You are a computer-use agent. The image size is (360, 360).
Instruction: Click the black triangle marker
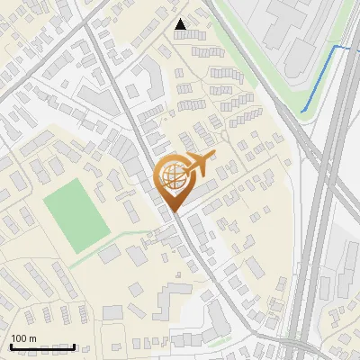pyautogui.click(x=181, y=24)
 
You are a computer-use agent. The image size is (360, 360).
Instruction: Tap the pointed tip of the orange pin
pyautogui.click(x=173, y=211)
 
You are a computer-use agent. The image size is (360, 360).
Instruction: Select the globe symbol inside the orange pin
pyautogui.click(x=171, y=175)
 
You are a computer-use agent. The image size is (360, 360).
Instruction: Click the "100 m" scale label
pyautogui.click(x=23, y=338)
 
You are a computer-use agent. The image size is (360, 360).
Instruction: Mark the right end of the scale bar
pyautogui.click(x=74, y=346)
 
